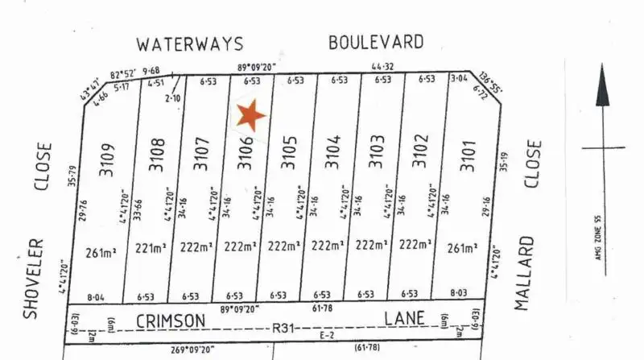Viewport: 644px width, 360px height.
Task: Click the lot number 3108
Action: pos(158,154)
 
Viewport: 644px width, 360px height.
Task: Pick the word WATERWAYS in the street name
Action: pos(189,44)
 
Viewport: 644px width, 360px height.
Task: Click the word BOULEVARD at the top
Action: pos(376,42)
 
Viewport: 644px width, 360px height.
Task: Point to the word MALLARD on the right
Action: pos(527,274)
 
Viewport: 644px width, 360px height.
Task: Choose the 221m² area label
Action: pos(151,248)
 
